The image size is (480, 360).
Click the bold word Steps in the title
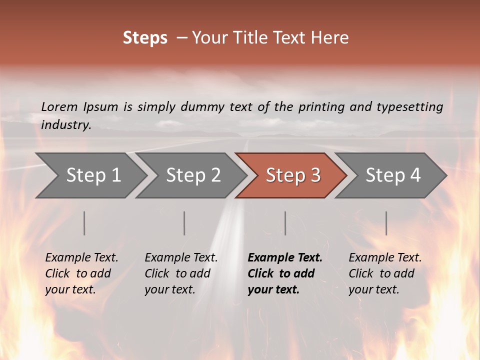click(145, 38)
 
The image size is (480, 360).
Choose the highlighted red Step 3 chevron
click(291, 175)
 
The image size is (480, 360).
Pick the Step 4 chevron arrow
click(391, 175)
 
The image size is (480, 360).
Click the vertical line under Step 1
click(84, 223)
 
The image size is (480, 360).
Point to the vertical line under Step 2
click(184, 223)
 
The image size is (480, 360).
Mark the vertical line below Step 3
click(285, 223)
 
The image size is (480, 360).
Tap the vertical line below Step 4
click(386, 223)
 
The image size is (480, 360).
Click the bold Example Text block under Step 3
click(284, 273)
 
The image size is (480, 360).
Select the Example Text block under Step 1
click(81, 273)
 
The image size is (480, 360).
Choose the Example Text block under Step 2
click(181, 273)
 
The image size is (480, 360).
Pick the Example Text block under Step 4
click(384, 273)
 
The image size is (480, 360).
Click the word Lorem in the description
click(59, 106)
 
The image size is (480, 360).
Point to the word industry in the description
click(65, 124)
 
